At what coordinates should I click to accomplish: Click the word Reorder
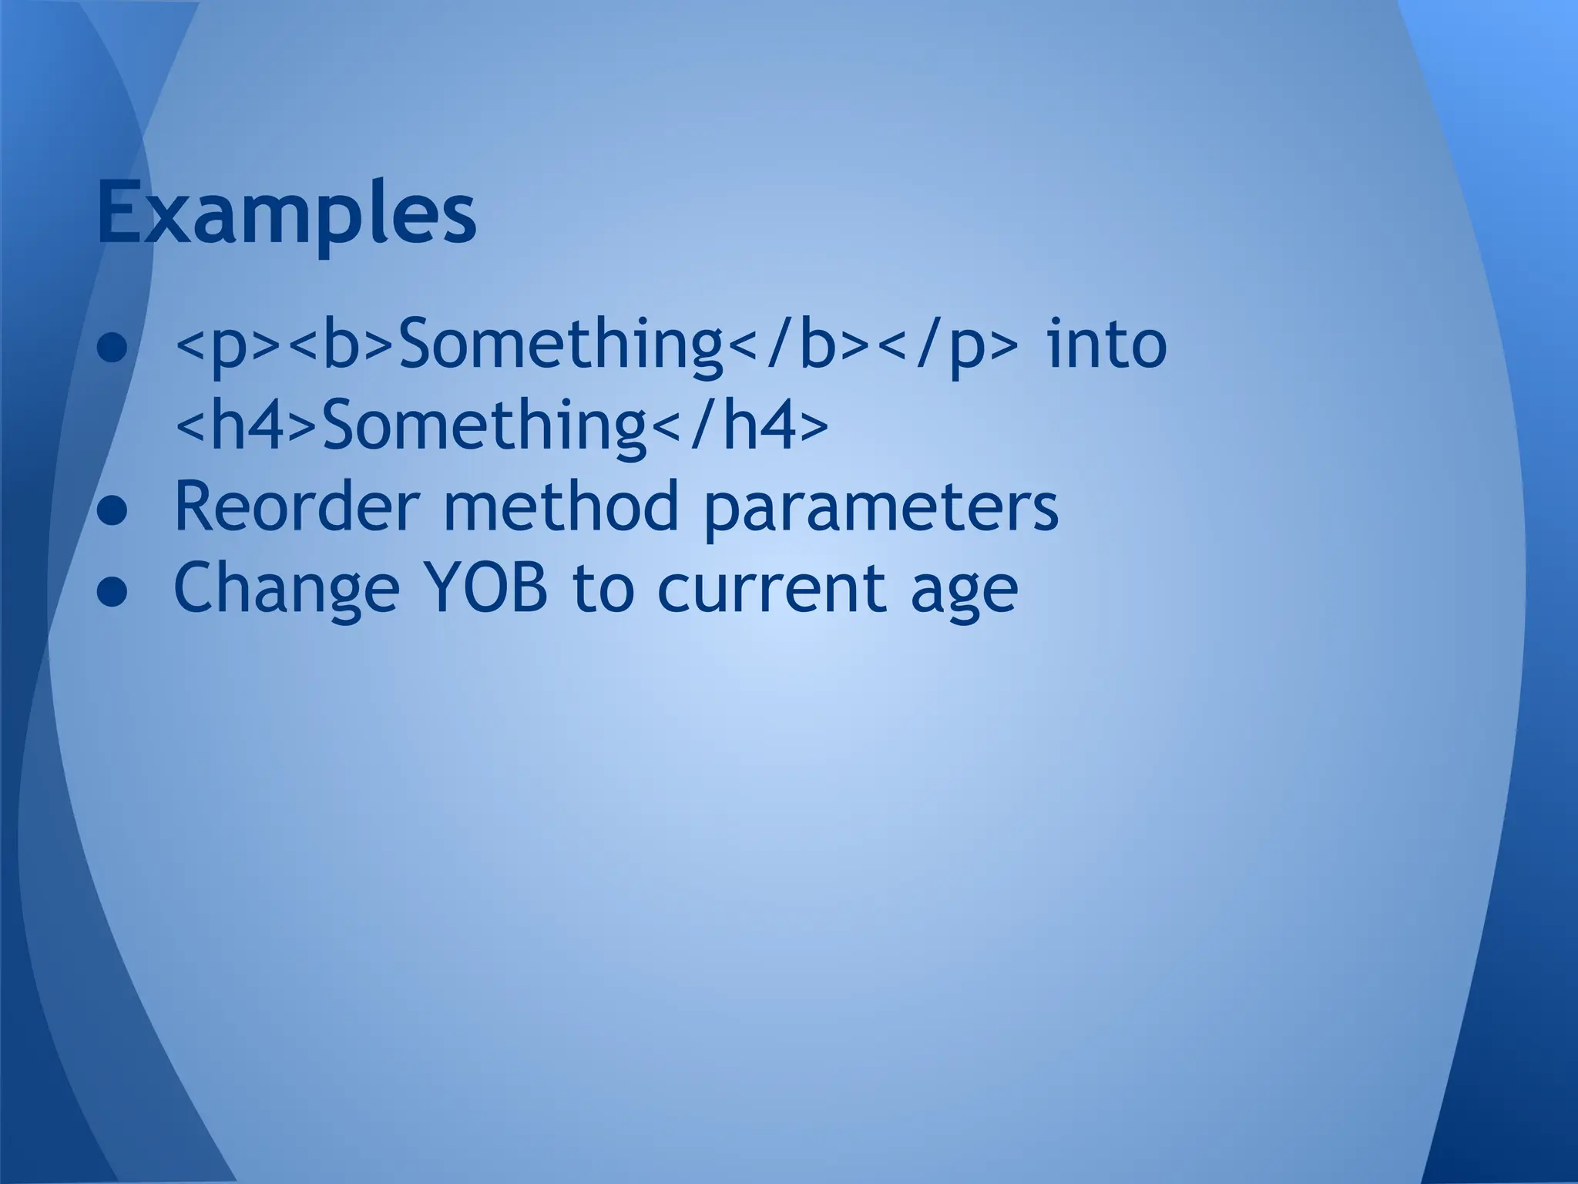(x=297, y=507)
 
